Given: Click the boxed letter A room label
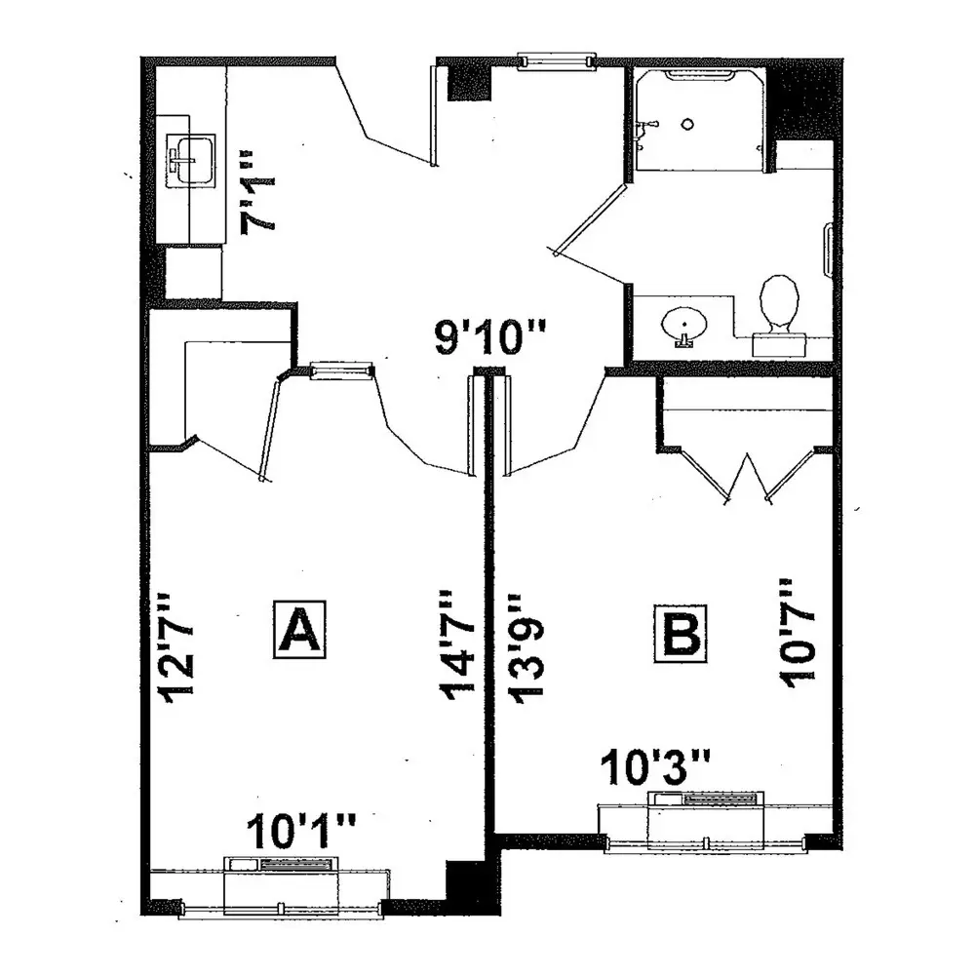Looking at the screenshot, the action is (299, 629).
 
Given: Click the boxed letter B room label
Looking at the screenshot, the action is (681, 633).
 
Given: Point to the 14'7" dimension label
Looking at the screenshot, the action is (457, 643).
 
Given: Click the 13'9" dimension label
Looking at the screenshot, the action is (527, 649).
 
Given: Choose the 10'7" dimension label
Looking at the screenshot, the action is (797, 633).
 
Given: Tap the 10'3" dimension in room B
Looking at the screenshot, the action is (655, 767).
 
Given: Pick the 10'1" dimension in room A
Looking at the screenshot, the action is (301, 832).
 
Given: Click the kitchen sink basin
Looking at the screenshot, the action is (191, 159).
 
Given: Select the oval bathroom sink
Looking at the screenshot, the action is (684, 324).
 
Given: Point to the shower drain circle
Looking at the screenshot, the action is (687, 124).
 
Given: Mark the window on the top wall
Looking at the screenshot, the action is (557, 60).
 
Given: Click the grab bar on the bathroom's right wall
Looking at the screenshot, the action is (827, 251).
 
